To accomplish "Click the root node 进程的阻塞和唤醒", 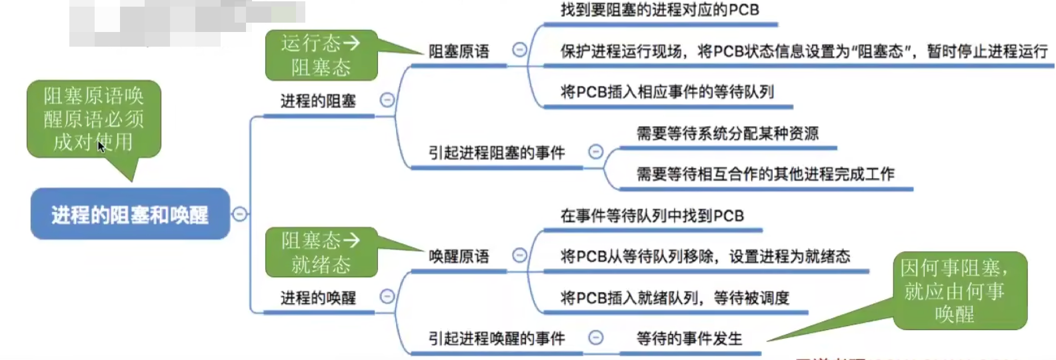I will pyautogui.click(x=130, y=214).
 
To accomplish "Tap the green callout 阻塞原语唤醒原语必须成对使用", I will pyautogui.click(x=94, y=119).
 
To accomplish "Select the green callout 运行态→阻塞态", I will pyautogui.click(x=321, y=55).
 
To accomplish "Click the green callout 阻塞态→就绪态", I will pyautogui.click(x=321, y=252).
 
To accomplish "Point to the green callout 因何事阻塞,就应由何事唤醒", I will pyautogui.click(x=959, y=291).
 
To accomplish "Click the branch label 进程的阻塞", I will pyautogui.click(x=318, y=101).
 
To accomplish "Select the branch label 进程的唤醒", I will pyautogui.click(x=318, y=298).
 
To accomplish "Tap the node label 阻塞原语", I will pyautogui.click(x=459, y=51).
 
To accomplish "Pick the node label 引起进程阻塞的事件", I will pyautogui.click(x=497, y=153).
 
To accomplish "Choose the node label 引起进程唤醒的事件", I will pyautogui.click(x=497, y=339).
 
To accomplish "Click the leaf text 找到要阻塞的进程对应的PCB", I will pyautogui.click(x=659, y=10).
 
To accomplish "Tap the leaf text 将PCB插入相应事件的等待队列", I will pyautogui.click(x=667, y=92).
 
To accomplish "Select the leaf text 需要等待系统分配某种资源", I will pyautogui.click(x=727, y=133).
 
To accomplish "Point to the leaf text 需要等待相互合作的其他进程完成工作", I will pyautogui.click(x=765, y=175).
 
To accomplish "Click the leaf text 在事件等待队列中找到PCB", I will pyautogui.click(x=652, y=216).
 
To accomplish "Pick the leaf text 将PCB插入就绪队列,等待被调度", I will pyautogui.click(x=675, y=298).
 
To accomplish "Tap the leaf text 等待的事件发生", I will pyautogui.click(x=689, y=339).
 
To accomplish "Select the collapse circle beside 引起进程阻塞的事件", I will pyautogui.click(x=596, y=152).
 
